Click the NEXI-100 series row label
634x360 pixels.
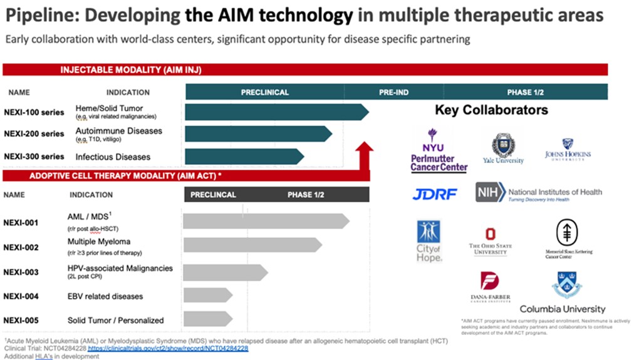[x=34, y=113]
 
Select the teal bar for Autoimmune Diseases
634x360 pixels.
[x=257, y=133]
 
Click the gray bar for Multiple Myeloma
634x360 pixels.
[x=251, y=245]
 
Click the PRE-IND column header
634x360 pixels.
[x=393, y=93]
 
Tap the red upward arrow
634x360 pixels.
[x=363, y=157]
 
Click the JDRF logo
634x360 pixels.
[x=435, y=194]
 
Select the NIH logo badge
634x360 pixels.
[x=490, y=192]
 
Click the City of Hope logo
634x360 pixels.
[x=429, y=240]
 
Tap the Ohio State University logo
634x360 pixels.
[x=490, y=241]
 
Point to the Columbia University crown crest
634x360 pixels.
[x=566, y=284]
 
